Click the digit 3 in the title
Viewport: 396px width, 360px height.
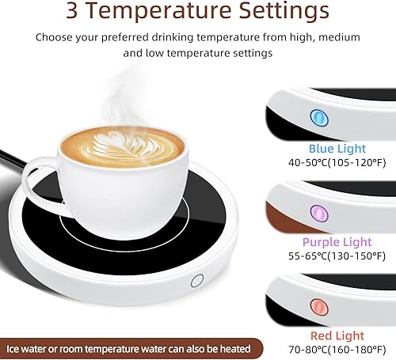[72, 10]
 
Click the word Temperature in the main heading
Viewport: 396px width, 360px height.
[158, 10]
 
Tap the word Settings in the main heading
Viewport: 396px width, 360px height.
[284, 12]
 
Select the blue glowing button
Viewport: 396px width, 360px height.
[319, 117]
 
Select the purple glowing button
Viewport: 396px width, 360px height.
[319, 214]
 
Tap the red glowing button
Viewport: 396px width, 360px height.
[319, 307]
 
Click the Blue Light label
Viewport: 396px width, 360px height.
[337, 149]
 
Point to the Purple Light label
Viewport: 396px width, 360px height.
[337, 242]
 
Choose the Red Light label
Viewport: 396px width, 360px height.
[337, 335]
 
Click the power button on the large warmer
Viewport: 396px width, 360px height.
[197, 281]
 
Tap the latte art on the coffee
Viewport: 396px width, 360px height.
[122, 146]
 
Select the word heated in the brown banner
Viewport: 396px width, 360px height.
[235, 349]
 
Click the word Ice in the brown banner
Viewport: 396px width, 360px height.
[12, 349]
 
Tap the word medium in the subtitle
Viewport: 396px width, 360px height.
[339, 37]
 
